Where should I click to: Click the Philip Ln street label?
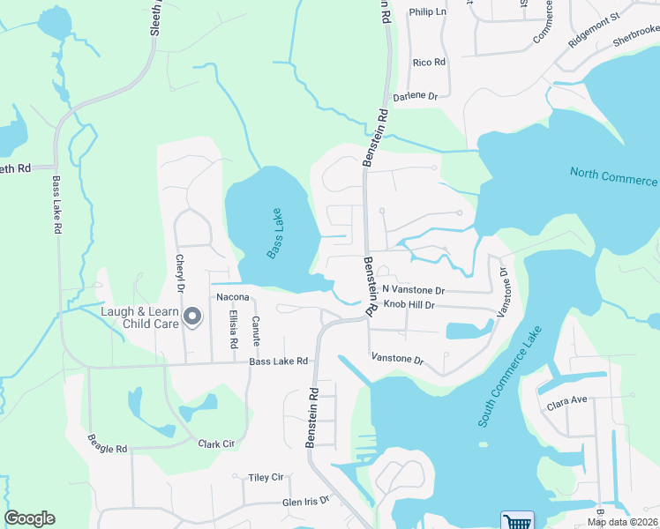[x=428, y=13]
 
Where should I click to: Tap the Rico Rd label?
[x=430, y=63]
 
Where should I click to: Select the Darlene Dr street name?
[x=416, y=96]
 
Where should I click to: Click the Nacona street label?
[x=233, y=297]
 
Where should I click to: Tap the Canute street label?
[x=255, y=330]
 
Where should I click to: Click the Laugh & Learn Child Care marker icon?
[x=191, y=315]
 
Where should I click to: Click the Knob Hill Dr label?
[x=409, y=305]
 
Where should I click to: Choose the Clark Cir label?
[x=216, y=444]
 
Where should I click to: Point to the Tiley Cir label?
[x=266, y=477]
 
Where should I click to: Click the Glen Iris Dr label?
[x=305, y=500]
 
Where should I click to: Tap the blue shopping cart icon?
[x=516, y=521]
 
